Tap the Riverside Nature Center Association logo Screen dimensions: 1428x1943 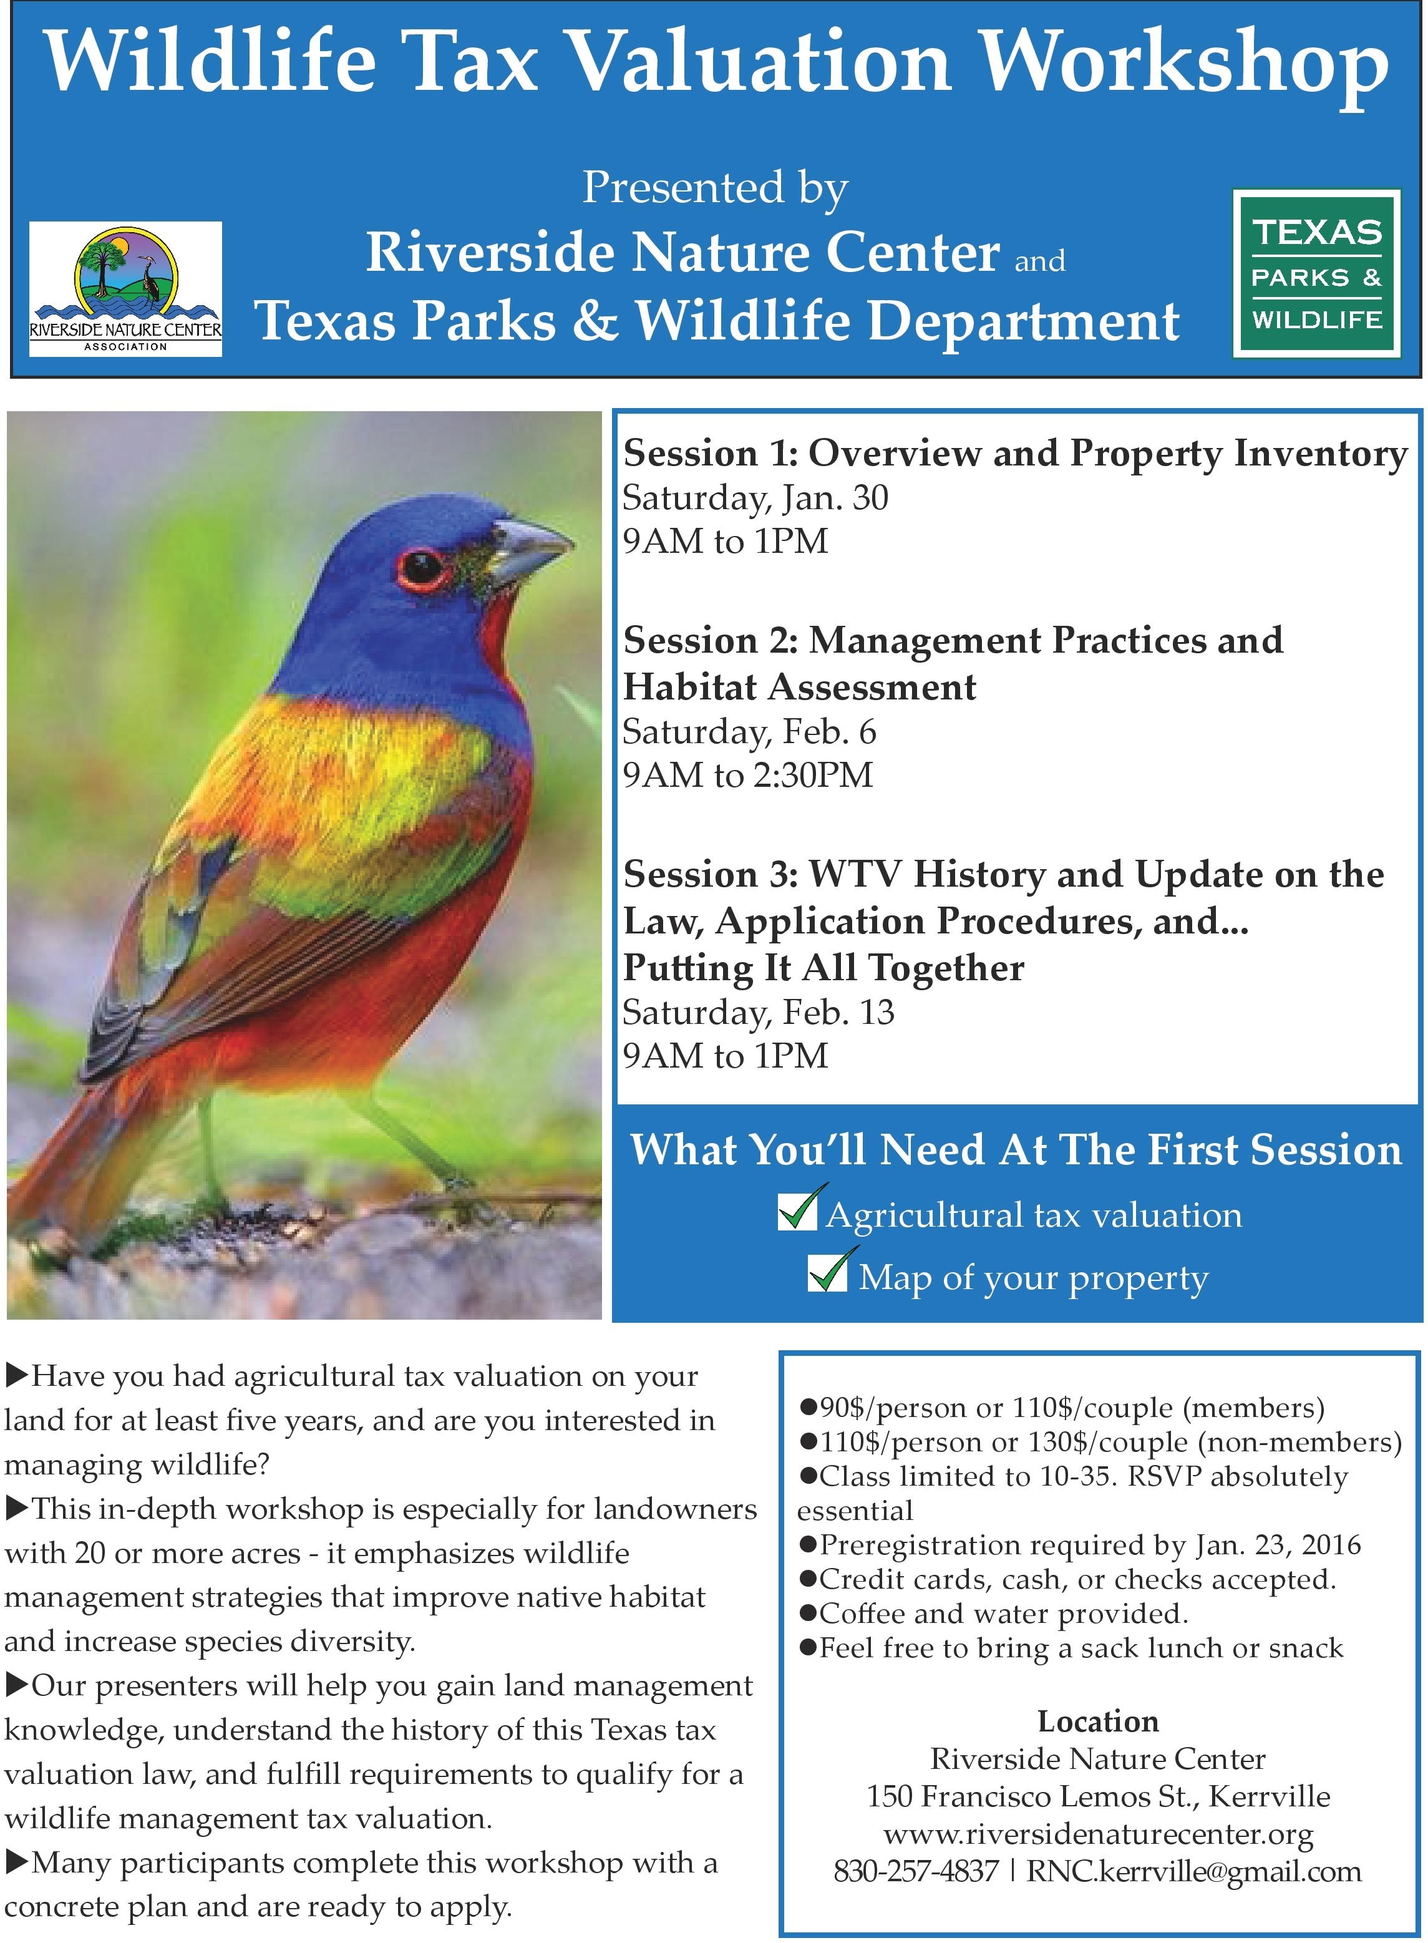point(126,289)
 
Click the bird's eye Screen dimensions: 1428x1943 point(424,567)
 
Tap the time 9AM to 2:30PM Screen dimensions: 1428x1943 point(748,776)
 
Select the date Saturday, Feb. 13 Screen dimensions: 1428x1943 point(758,1013)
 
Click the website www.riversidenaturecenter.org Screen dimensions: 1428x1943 point(1098,1834)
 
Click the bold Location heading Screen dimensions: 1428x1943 point(1098,1721)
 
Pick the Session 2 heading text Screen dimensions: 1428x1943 point(953,663)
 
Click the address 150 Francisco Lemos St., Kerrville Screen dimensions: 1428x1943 point(1098,1796)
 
